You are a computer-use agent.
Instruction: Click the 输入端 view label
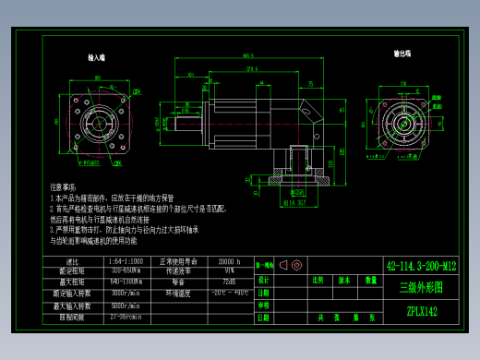96,58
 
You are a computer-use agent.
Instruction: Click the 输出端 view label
402,54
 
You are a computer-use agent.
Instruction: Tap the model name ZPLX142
422,311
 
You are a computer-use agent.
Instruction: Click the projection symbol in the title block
294,264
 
